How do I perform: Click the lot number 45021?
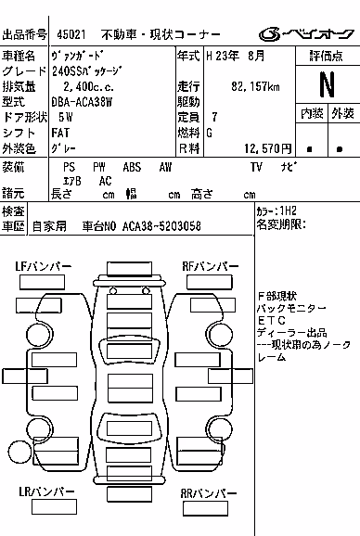[x=71, y=34]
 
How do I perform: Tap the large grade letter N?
[x=327, y=84]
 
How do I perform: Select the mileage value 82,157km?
[x=255, y=86]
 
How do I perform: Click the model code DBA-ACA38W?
[x=82, y=102]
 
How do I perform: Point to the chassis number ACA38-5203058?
[x=161, y=226]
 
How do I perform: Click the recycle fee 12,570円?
[x=268, y=148]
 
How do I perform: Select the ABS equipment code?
[x=132, y=167]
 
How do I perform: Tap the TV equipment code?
[x=256, y=167]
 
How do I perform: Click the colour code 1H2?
[x=288, y=211]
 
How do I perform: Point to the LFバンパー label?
[x=44, y=266]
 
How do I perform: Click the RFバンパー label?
[x=211, y=266]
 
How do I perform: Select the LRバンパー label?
[x=46, y=491]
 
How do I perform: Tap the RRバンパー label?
[x=209, y=493]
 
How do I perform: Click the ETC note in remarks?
[x=272, y=321]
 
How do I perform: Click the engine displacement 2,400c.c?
[x=88, y=87]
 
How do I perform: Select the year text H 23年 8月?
[x=236, y=56]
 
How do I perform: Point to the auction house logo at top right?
[x=306, y=33]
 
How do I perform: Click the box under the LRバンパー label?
[x=54, y=506]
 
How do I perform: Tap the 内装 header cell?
[x=312, y=113]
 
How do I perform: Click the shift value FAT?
[x=60, y=133]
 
